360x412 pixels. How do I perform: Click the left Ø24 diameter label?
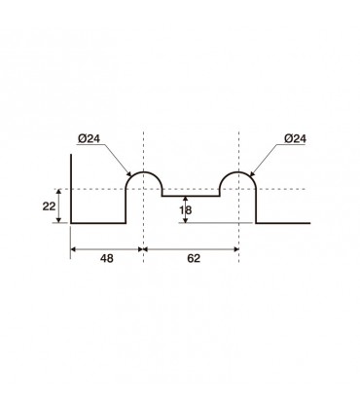coord(89,138)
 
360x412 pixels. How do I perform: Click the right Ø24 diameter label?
coord(295,138)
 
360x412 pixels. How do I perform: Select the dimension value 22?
coord(49,206)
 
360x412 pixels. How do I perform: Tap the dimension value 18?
coord(186,210)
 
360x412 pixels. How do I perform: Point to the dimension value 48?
coord(107,258)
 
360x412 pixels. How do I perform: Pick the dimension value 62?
coord(194,258)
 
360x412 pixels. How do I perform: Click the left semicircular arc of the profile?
coord(144,172)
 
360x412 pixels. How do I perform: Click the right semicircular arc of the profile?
coord(238,172)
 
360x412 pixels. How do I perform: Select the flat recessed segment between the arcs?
coord(191,196)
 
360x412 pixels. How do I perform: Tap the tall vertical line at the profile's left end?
coord(71,189)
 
